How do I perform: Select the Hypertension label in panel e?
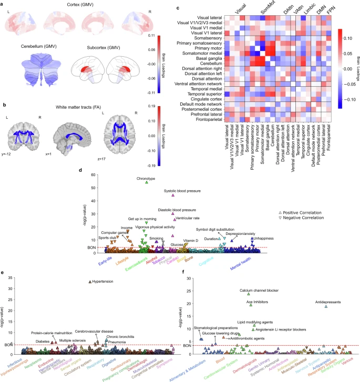pyautogui.click(x=103, y=282)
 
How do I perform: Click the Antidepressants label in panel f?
pyautogui.click(x=328, y=302)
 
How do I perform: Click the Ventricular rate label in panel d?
pyautogui.click(x=187, y=218)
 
